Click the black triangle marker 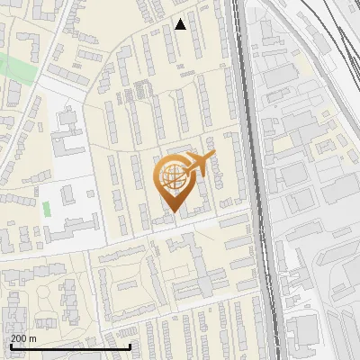click(181, 24)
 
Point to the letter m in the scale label click(33, 338)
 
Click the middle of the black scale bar click(70, 346)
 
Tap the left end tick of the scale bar click(10, 346)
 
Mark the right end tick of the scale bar click(130, 346)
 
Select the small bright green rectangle click(46, 209)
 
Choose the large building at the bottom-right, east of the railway click(304, 328)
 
